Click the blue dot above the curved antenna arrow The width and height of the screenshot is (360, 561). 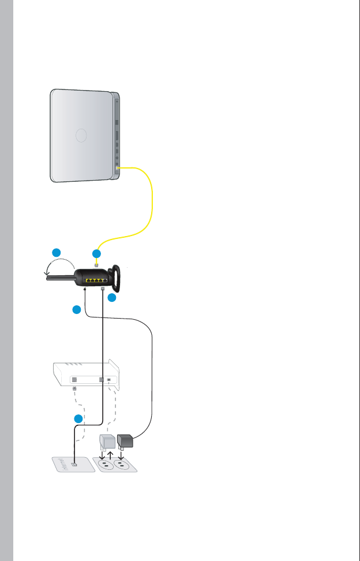pyautogui.click(x=57, y=252)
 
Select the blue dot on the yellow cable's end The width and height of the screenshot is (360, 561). pyautogui.click(x=96, y=253)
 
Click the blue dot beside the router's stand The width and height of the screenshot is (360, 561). pyautogui.click(x=112, y=298)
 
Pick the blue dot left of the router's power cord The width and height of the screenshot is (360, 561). pyautogui.click(x=76, y=311)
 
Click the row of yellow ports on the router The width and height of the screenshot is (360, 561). pyautogui.click(x=95, y=278)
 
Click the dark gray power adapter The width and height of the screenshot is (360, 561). pyautogui.click(x=126, y=442)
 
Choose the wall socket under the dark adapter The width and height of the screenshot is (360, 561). pyautogui.click(x=121, y=465)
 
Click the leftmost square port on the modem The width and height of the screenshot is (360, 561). pyautogui.click(x=74, y=380)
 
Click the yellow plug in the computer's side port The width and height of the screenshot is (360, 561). pyautogui.click(x=118, y=167)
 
